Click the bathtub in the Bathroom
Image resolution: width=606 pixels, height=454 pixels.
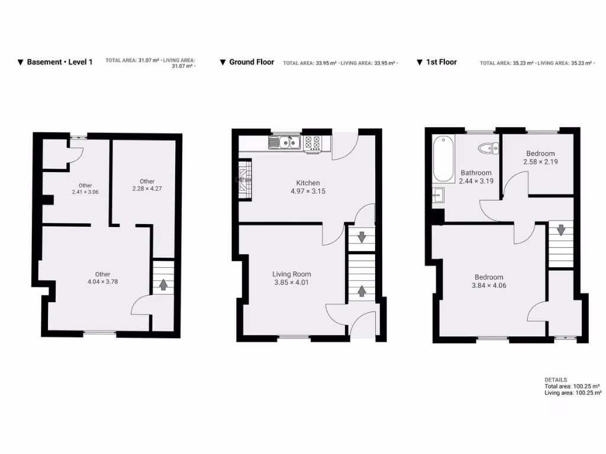(444, 159)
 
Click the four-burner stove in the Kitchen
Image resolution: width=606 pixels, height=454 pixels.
(312, 143)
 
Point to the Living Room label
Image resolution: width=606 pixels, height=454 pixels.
(292, 274)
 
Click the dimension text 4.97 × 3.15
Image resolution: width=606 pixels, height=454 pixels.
(308, 192)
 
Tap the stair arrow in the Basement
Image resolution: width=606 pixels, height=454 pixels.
(163, 285)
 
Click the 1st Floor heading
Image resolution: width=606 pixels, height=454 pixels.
(441, 61)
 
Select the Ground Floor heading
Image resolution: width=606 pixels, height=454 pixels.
(252, 61)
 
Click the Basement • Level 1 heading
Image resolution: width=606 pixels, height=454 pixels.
(60, 61)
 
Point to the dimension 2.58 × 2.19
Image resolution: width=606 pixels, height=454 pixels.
(540, 161)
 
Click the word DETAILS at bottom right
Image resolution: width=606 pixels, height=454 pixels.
(555, 380)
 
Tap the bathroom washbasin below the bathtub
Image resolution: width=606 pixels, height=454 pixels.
(438, 194)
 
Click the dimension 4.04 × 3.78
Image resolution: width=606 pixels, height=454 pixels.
(102, 282)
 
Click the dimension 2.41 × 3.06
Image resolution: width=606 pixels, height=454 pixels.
(85, 192)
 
